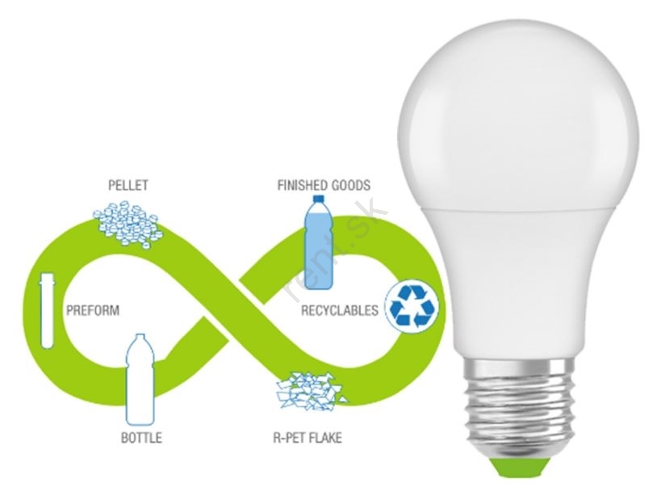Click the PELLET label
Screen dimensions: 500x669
(128, 185)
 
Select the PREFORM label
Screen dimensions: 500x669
(92, 310)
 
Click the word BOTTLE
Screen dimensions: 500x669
(141, 438)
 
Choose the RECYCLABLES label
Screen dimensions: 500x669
(339, 310)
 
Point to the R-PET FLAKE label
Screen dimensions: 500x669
(307, 438)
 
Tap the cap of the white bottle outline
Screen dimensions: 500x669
(140, 338)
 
